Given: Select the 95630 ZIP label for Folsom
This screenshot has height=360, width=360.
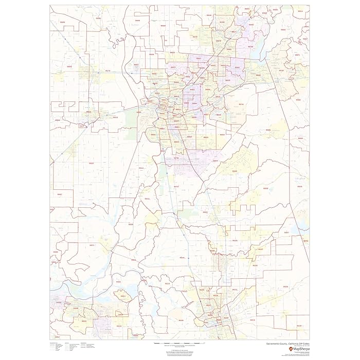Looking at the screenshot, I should coord(257,75).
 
